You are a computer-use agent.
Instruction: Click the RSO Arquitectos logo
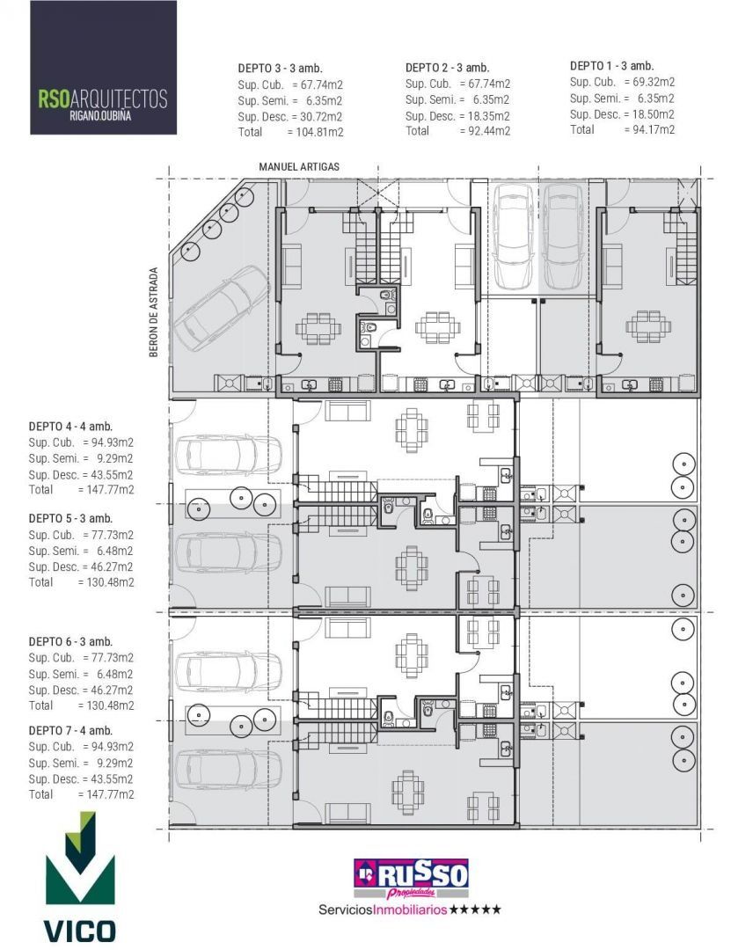point(103,68)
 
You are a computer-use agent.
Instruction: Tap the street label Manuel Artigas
point(299,166)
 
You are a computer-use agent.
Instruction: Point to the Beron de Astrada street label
point(153,312)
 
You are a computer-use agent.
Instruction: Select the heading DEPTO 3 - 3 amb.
point(280,69)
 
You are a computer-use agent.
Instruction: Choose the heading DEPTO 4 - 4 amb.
point(70,427)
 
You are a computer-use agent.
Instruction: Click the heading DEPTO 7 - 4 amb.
point(70,731)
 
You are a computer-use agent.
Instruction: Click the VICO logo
point(80,876)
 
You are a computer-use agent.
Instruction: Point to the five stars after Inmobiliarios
point(475,910)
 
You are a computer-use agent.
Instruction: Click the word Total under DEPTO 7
point(40,794)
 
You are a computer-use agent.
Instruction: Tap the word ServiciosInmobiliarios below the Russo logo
point(383,910)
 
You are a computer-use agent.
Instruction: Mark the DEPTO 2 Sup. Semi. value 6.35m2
point(492,100)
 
